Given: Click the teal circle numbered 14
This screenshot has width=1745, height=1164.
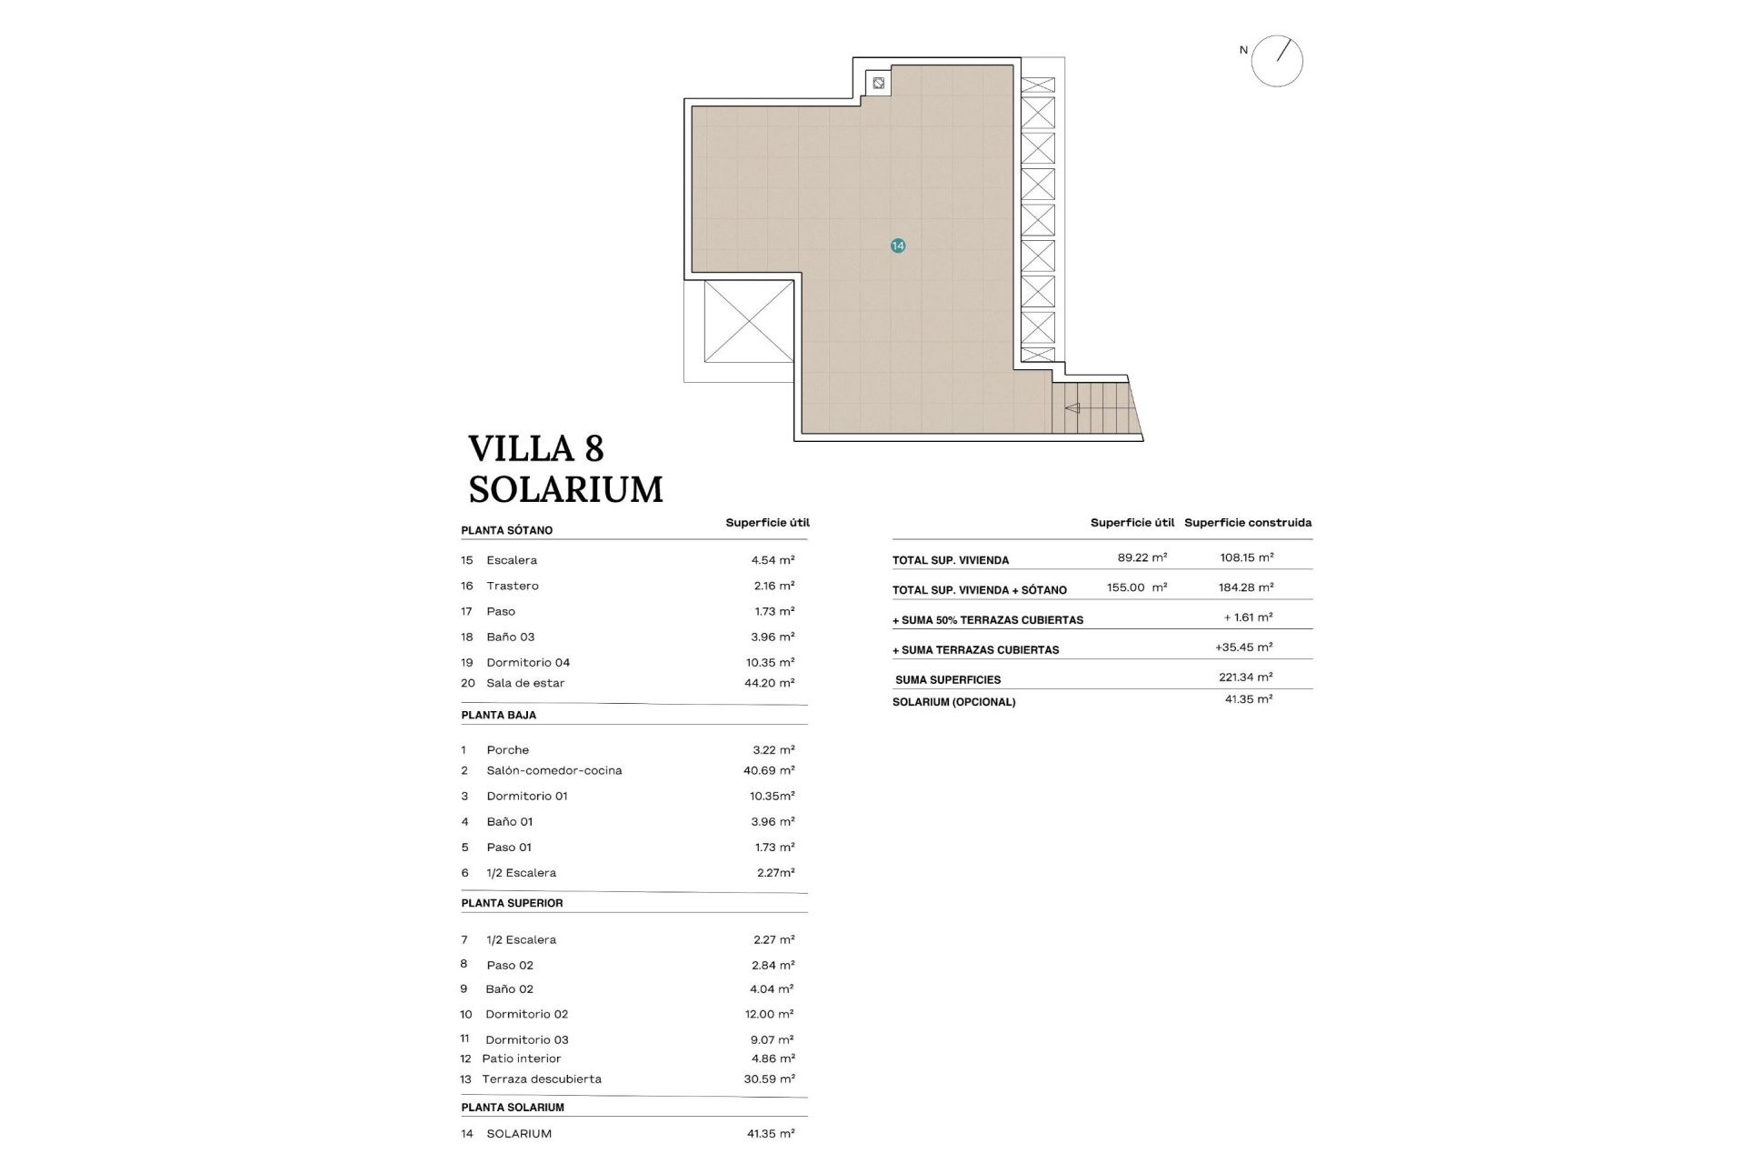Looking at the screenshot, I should [898, 246].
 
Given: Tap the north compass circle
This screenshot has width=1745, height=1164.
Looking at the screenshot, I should [1277, 62].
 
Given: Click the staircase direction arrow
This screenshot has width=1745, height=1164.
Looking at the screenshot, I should [1072, 408].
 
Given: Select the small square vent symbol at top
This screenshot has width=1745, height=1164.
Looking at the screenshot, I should [878, 84].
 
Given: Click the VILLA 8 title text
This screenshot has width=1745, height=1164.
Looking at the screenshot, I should [536, 449].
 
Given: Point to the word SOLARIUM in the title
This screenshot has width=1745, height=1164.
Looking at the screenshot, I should [565, 490].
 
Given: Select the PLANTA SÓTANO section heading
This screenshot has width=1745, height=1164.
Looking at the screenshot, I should [506, 530].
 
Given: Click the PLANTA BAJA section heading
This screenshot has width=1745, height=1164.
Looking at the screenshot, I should [498, 715].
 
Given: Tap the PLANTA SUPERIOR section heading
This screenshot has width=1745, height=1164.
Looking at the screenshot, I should [512, 903].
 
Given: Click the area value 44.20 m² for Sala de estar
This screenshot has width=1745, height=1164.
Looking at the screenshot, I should [769, 683].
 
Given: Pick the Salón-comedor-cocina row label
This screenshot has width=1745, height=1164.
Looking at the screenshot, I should [553, 770].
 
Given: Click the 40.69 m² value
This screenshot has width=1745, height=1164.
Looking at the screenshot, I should [769, 770].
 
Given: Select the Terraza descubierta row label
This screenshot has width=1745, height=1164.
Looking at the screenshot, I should [542, 1079].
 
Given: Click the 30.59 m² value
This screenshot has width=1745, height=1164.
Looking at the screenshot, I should [769, 1079].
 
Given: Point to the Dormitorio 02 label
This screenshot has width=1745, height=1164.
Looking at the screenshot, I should [526, 1014].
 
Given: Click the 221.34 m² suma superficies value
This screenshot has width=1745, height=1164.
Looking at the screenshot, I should [1245, 677].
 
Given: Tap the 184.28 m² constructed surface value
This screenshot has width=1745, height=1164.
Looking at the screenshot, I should [1245, 587].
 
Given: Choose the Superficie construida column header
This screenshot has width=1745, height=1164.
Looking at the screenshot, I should [1247, 523].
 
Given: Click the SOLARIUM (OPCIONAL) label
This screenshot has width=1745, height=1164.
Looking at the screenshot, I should [953, 702].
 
